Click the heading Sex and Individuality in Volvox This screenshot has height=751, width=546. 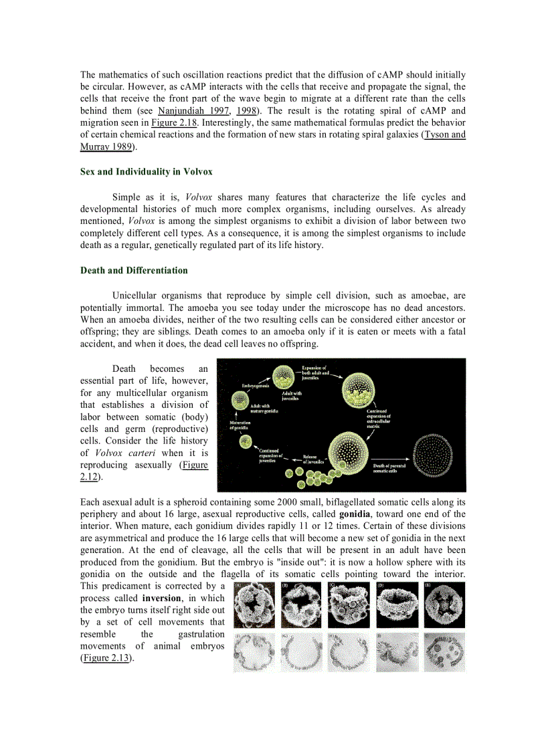coord(146,172)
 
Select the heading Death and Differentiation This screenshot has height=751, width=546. coord(134,271)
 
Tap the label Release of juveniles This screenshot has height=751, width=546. coord(315,459)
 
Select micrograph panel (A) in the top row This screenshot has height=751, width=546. coord(254,604)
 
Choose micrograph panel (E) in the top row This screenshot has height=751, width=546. coord(445,604)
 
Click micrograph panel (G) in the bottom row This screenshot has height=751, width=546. coord(302,652)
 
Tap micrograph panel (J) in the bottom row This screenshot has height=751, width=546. coord(445,652)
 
